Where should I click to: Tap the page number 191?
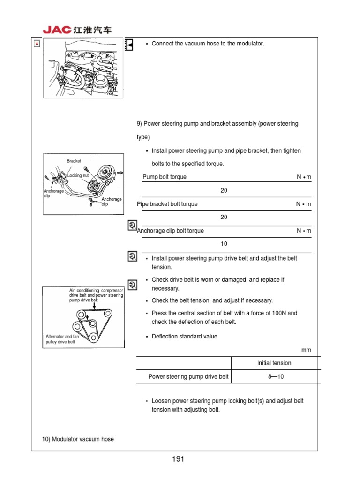[178, 459]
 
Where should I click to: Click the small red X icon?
[37, 44]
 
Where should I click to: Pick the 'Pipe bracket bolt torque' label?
[167, 204]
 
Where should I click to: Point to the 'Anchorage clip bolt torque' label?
[171, 231]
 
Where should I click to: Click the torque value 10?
[224, 244]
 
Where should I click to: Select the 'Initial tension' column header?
[274, 363]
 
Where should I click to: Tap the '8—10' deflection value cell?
[276, 376]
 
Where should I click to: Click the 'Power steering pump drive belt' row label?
[188, 376]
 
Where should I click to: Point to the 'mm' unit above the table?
[307, 350]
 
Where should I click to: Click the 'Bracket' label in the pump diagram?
[74, 161]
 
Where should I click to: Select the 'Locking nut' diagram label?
[78, 175]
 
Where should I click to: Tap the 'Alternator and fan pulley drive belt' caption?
[60, 339]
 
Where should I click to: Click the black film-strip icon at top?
[129, 45]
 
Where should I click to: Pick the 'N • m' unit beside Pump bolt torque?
[304, 177]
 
